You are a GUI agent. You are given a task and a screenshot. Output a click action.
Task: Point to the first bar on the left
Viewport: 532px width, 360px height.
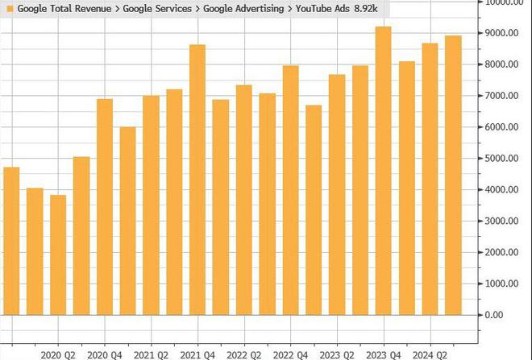tap(11, 241)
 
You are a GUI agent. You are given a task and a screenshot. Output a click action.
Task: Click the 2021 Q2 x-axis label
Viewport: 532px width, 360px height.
tap(151, 354)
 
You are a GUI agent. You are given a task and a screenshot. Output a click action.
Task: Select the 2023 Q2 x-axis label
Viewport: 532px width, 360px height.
tap(337, 354)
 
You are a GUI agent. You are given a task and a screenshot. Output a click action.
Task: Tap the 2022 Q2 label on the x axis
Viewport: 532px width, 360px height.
tap(244, 354)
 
